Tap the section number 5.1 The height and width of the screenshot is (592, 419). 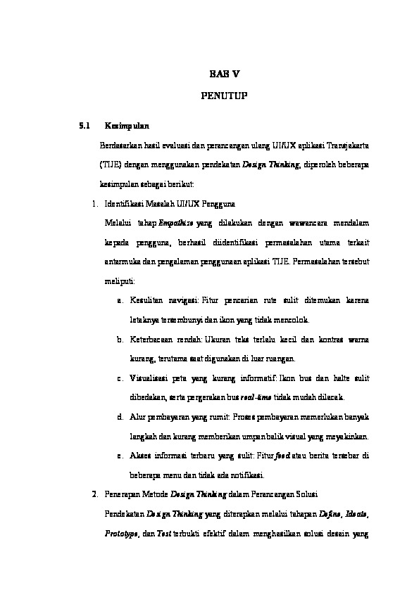point(85,127)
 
